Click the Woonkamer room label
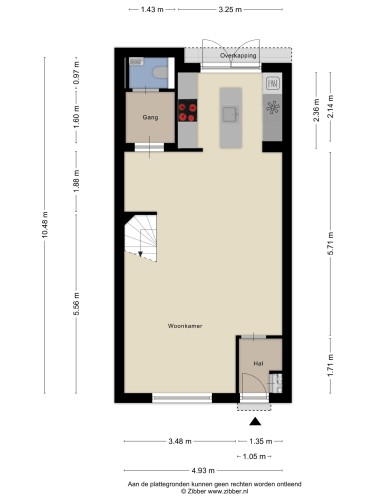(x=185, y=326)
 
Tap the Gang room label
(x=150, y=117)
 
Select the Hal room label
(x=258, y=363)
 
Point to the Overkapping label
(x=238, y=55)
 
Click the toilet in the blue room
(x=160, y=72)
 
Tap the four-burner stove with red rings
(x=187, y=112)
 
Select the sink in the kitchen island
(x=230, y=114)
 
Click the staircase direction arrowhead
(x=140, y=254)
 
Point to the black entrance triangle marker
(x=255, y=422)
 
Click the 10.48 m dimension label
(x=45, y=225)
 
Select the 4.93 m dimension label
(x=203, y=471)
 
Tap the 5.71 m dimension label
(x=331, y=244)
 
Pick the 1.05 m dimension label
(x=254, y=456)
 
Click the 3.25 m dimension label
(x=230, y=9)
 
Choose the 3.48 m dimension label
(x=180, y=441)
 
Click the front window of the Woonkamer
(x=182, y=398)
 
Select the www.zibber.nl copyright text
(x=228, y=491)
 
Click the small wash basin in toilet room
(x=136, y=61)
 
